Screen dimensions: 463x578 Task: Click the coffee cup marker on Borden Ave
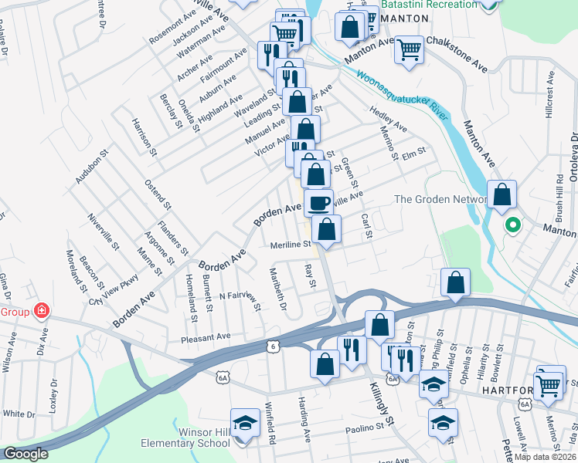[318, 203]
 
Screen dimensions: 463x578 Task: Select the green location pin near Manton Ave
[510, 226]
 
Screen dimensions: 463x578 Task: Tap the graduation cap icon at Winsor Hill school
[245, 423]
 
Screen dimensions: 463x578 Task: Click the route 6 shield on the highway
[273, 347]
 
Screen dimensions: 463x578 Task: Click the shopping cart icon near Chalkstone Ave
[409, 50]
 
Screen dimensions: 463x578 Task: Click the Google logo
[25, 454]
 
